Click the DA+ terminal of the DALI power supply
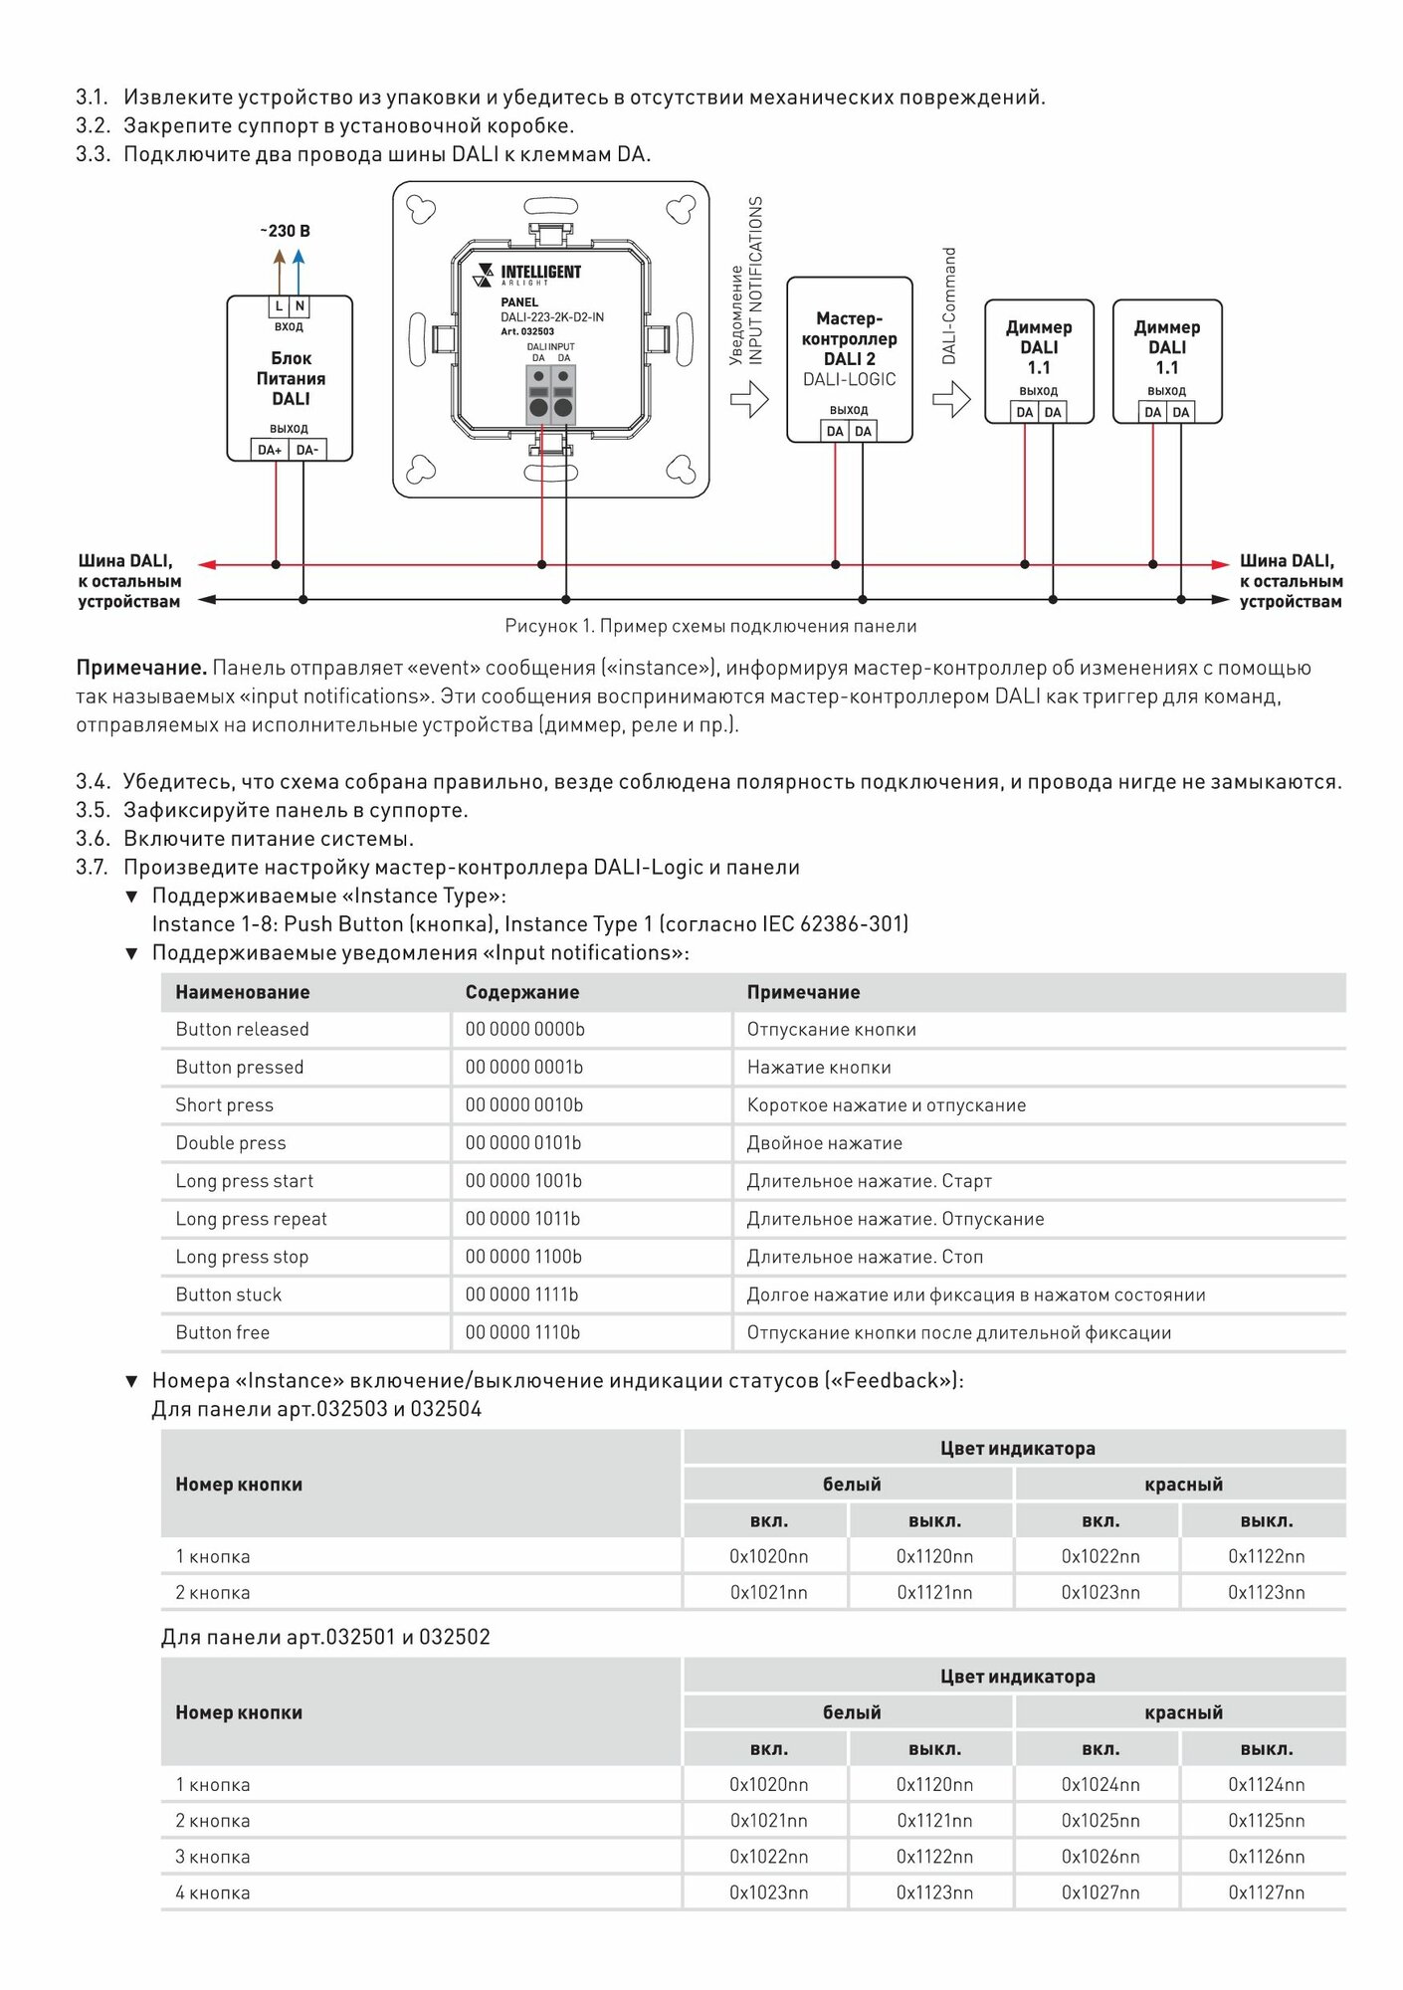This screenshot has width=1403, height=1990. [270, 450]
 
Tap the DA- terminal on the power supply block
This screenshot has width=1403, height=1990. [307, 450]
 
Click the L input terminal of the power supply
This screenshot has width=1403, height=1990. [279, 306]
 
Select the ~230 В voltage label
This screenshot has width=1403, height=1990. [286, 231]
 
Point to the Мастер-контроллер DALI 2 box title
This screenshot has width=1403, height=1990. [849, 338]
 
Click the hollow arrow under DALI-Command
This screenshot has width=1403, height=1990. [951, 400]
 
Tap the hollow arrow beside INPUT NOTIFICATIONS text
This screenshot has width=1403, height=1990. [749, 400]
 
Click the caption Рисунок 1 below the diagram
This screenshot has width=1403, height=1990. [710, 626]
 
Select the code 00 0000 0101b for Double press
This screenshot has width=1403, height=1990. [523, 1143]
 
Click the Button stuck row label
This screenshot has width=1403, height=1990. [229, 1294]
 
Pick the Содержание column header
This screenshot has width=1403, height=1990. [522, 992]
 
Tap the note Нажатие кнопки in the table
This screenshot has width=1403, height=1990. [819, 1068]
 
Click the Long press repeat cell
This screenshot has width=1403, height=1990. [251, 1219]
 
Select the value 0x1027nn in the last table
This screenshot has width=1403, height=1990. [1101, 1892]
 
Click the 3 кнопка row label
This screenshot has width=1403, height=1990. [213, 1857]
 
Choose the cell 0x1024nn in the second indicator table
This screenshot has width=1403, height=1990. [1101, 1785]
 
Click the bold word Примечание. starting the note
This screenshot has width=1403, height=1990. [141, 668]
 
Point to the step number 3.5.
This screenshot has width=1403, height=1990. [93, 810]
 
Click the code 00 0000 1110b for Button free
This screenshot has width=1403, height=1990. [522, 1332]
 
